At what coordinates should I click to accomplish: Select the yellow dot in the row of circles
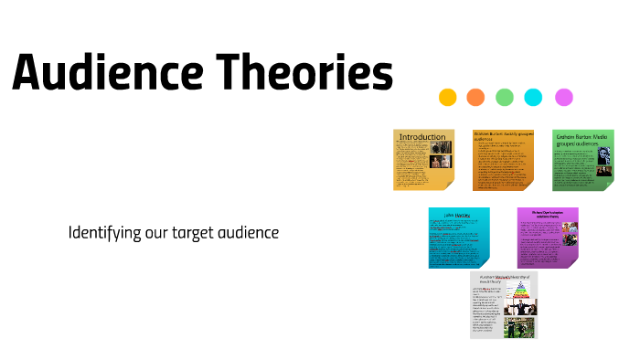448,97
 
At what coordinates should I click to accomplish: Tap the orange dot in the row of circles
475,97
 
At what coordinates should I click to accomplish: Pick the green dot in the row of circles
505,97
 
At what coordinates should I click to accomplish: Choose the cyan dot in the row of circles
534,97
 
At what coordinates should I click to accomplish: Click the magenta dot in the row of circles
564,97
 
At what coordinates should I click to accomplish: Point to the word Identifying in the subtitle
104,233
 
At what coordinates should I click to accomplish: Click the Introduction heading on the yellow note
421,137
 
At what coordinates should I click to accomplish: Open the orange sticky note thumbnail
503,160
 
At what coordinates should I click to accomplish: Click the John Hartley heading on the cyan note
457,217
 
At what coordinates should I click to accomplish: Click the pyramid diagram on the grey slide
522,291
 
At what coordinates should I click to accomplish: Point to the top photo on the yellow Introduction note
441,147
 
